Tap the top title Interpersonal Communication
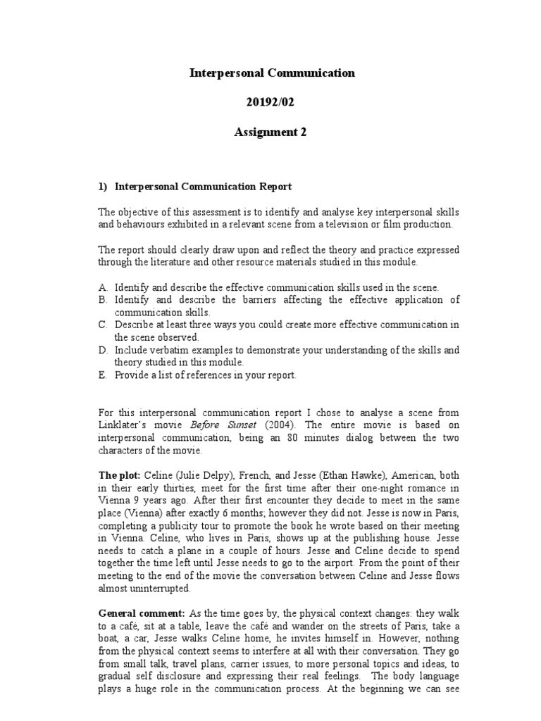273,73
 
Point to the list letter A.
103,287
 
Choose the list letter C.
103,325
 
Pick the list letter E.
103,375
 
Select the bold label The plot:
117,476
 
